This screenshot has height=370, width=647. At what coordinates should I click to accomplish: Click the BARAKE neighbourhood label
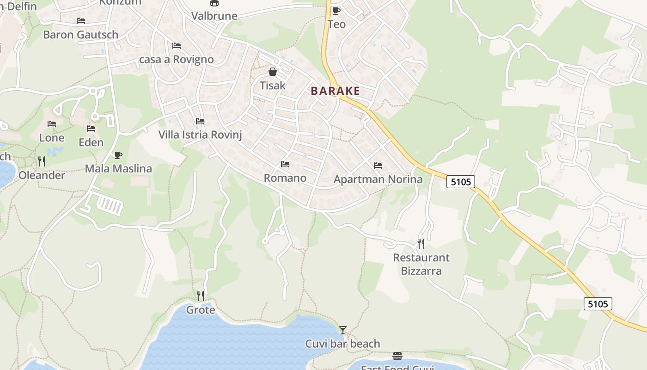click(x=335, y=91)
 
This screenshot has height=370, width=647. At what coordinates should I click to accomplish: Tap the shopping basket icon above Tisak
click(x=273, y=72)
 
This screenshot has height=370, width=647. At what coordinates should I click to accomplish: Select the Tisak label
click(x=273, y=86)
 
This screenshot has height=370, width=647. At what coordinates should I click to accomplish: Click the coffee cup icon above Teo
click(x=336, y=11)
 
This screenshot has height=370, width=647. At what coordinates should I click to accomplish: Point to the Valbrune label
click(x=214, y=16)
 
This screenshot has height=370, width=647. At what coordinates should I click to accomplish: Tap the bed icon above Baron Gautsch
click(x=81, y=21)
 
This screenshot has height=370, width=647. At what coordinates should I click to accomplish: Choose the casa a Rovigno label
click(x=177, y=60)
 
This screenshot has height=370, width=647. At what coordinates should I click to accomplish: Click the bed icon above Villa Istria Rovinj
click(x=200, y=121)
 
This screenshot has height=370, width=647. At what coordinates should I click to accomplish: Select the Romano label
click(x=285, y=178)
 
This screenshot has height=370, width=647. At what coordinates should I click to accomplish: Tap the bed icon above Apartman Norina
click(x=378, y=166)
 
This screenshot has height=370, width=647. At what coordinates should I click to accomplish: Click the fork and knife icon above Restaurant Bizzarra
click(x=421, y=243)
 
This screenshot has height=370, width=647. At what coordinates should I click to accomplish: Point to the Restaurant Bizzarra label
click(x=421, y=264)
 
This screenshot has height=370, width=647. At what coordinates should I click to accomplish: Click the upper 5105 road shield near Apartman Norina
click(x=461, y=182)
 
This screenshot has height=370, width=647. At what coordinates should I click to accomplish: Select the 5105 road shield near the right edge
click(x=598, y=304)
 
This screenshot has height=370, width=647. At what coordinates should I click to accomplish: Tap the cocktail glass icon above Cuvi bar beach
click(x=342, y=330)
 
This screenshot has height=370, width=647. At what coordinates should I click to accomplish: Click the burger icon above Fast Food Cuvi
click(x=397, y=356)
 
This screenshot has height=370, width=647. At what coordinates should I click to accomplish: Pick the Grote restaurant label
click(x=201, y=310)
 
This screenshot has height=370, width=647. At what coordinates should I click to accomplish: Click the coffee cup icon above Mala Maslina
click(x=118, y=155)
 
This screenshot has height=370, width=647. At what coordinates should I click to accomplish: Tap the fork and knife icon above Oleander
click(x=42, y=161)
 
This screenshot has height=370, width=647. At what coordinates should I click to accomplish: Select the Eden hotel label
click(x=91, y=142)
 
